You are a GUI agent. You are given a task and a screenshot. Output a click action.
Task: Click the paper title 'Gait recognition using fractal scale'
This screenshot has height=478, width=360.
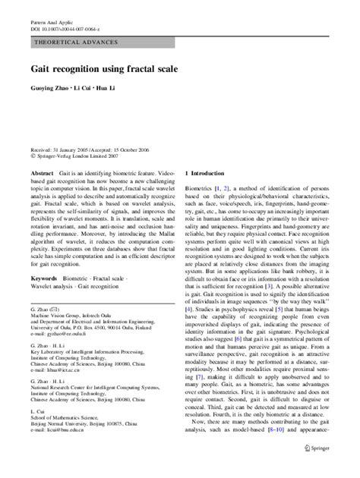pyautogui.click(x=104, y=68)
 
